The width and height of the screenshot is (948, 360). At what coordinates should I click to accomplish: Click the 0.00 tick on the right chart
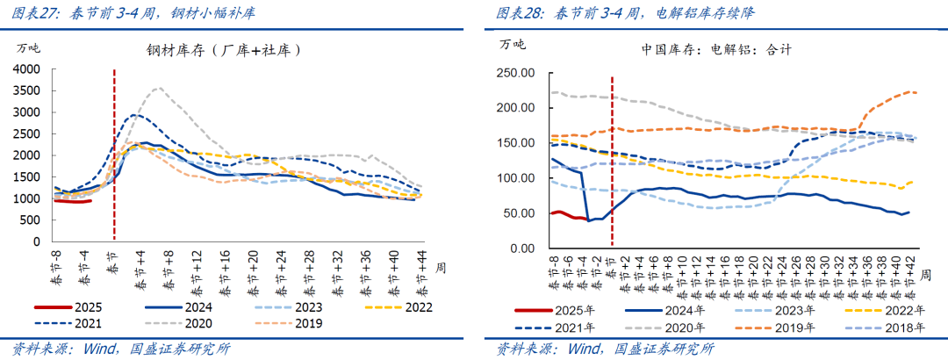coord(521,248)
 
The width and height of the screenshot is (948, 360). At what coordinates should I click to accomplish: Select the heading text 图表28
coord(519,13)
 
